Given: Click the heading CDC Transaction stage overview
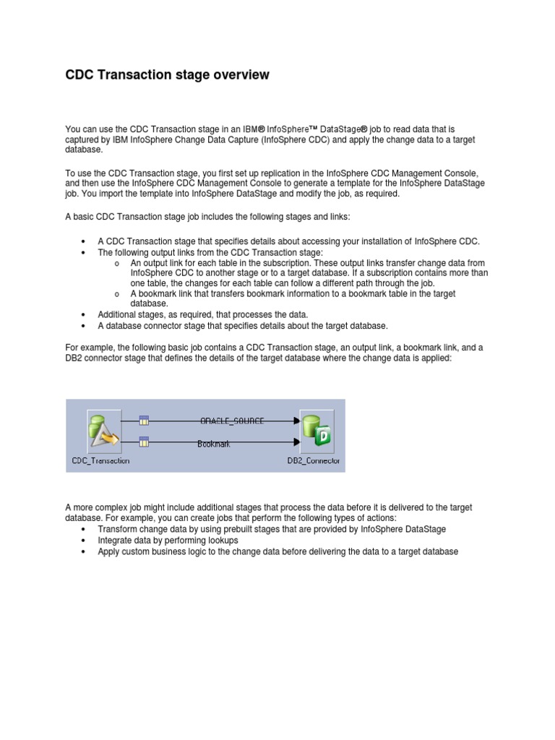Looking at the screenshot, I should coord(167,75).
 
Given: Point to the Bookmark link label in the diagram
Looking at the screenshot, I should coord(214,444).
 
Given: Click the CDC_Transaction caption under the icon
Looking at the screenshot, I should coord(101,460).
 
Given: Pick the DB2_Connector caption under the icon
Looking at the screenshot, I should coord(314,460).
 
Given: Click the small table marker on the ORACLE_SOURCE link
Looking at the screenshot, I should coord(144,420).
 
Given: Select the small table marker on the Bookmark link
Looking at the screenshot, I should coord(144,442).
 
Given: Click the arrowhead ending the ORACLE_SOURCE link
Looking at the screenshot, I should coord(296,420).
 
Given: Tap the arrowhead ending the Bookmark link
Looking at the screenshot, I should coord(296,442).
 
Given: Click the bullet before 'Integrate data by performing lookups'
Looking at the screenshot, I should coord(85,541).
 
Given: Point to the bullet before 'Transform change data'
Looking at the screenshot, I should coord(85,530).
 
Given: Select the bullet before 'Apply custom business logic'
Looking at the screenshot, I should coord(85,552).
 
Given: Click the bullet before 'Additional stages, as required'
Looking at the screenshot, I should coord(85,315).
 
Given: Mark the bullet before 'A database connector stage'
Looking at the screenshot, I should coord(85,326).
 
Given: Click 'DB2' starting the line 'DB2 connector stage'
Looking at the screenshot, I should coord(74,358).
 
